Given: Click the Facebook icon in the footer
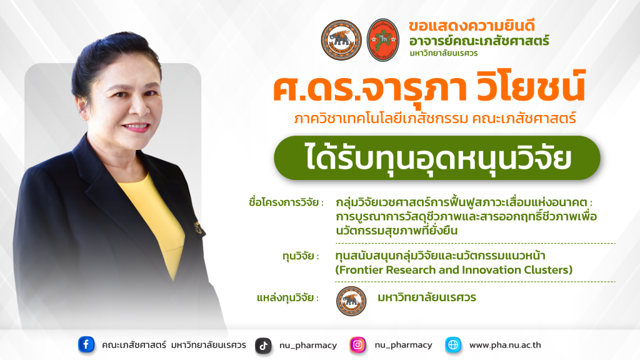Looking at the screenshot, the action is coord(86,344).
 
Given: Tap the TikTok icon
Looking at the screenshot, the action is coord(263,346).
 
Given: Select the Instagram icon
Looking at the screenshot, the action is coord(357,345).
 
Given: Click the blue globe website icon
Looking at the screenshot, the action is coord(453,345).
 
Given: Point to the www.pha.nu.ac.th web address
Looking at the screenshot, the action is coord(505,345).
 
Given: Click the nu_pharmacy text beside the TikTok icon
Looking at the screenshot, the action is coord(308,346).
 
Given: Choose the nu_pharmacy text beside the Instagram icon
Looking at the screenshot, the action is coord(403,345).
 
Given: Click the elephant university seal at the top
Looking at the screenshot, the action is coord(341,40).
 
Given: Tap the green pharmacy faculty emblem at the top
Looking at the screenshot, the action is coord(383,40).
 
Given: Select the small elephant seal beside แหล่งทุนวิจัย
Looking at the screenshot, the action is coord(351,301).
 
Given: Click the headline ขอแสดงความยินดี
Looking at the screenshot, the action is coord(471,26).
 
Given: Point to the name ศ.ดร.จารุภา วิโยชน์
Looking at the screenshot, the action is coord(429,86).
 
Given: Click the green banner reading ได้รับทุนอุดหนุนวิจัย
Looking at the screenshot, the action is coord(437,158).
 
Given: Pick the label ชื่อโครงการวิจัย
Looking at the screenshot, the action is coord(284,202).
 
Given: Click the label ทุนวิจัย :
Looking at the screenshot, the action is coord(301,257).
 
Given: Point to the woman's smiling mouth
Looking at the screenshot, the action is coord(136,127).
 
